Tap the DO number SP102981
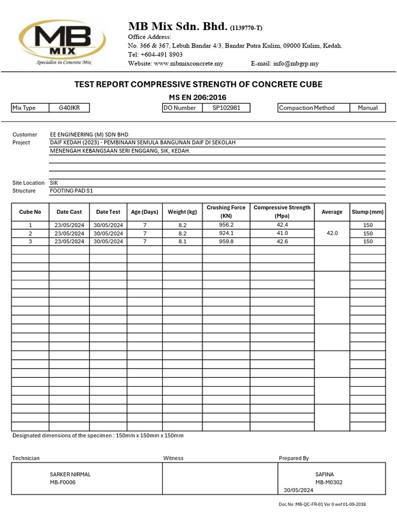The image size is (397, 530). [x=226, y=108]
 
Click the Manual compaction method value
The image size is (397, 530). [x=368, y=108]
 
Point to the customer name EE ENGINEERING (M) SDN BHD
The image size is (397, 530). [x=89, y=135]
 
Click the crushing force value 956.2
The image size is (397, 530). [x=226, y=225]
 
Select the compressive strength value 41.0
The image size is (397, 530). [x=282, y=233]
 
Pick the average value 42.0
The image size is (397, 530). [x=332, y=233]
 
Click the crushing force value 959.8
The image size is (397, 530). [x=226, y=241]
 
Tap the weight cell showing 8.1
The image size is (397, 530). [x=182, y=241]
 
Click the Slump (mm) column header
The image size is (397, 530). [x=368, y=212]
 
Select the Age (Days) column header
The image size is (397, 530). [x=145, y=212]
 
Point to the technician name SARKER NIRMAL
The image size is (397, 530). [x=70, y=474]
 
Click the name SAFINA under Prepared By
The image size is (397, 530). [x=324, y=474]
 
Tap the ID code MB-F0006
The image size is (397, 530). [x=63, y=482]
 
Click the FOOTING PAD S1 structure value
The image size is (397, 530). [x=72, y=190]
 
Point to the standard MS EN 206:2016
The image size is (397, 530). [x=198, y=97]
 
